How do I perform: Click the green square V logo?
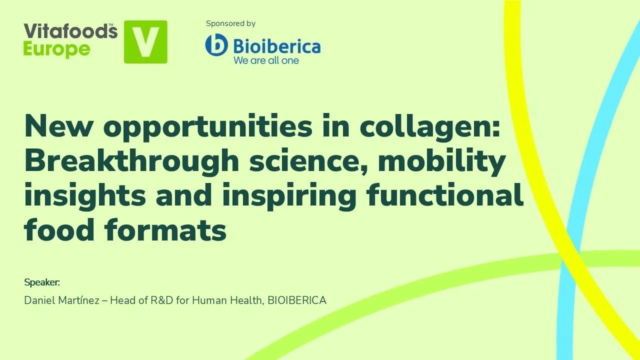click(x=145, y=42)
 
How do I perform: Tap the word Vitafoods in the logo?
click(x=70, y=31)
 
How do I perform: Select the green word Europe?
click(x=57, y=49)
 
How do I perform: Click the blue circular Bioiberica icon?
click(x=216, y=45)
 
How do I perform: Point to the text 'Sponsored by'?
click(x=230, y=23)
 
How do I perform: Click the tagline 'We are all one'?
click(x=266, y=60)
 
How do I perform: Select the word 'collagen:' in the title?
click(x=429, y=127)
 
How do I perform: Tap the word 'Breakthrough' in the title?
click(x=131, y=161)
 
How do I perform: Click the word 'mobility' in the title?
click(x=441, y=161)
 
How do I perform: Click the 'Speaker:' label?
click(x=42, y=282)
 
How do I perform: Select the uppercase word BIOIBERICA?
click(x=297, y=300)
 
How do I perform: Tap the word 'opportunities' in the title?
click(x=207, y=127)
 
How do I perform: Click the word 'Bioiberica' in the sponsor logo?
click(x=276, y=46)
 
